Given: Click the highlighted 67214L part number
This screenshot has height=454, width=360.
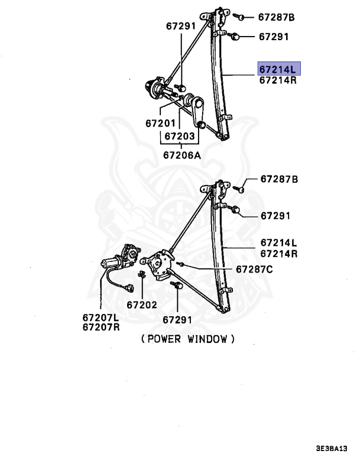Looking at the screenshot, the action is tap(279, 69).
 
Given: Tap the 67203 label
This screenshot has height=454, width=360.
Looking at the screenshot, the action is tap(179, 136).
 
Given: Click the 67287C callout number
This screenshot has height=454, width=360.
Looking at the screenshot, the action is tap(254, 269).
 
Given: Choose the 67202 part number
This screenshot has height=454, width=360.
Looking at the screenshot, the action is tap(141, 305).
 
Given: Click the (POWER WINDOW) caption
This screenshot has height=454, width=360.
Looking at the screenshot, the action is tap(188, 339).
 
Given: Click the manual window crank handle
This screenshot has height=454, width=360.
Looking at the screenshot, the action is tap(196, 111).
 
